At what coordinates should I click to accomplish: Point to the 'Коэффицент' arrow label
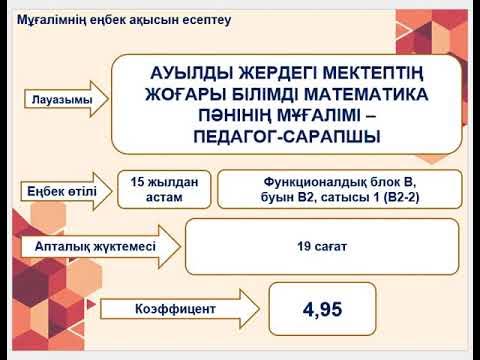pyautogui.click(x=175, y=310)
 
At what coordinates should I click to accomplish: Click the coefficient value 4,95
pyautogui.click(x=322, y=310)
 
